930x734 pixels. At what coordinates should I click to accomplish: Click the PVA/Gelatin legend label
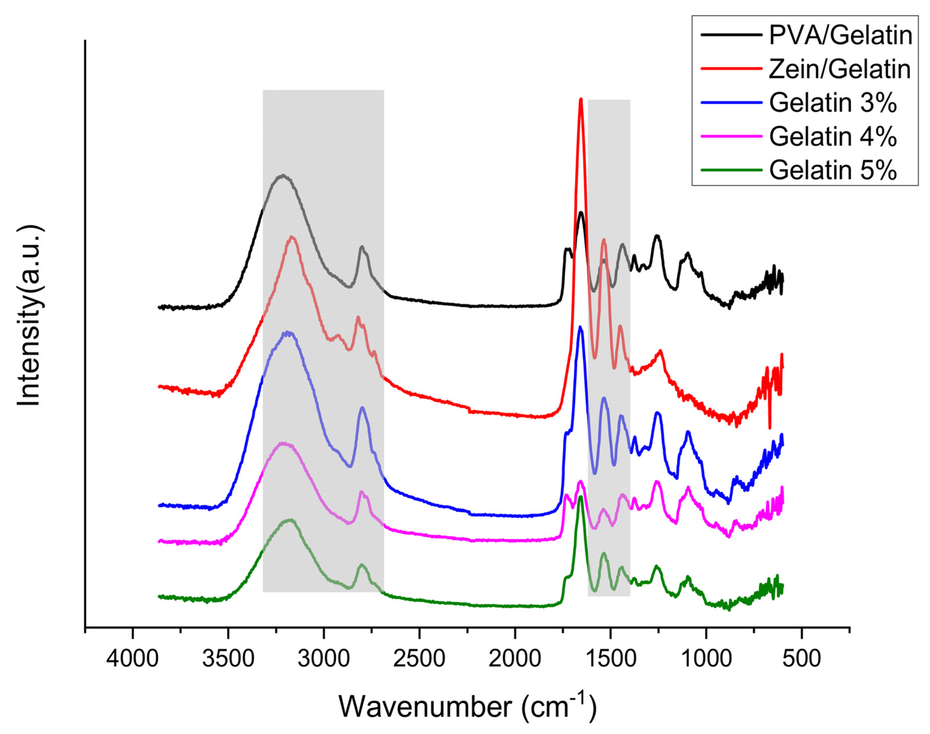pos(841,35)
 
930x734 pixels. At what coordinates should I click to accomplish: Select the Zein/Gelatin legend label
pos(840,69)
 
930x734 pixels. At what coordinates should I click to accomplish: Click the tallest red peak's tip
pos(581,99)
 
